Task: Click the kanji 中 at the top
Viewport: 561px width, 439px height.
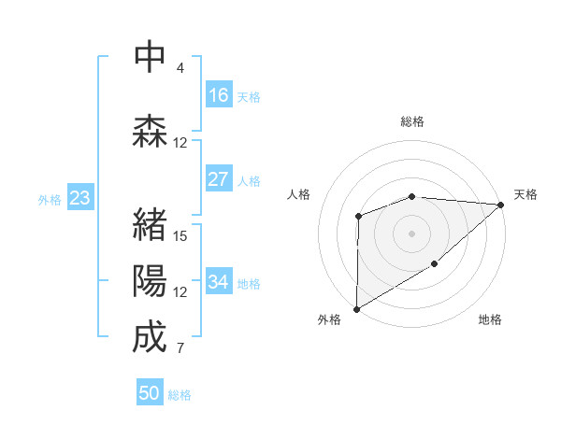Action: [149, 57]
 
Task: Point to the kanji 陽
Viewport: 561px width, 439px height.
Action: [149, 281]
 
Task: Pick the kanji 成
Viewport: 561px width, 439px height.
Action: [149, 337]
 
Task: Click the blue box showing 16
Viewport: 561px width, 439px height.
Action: [219, 95]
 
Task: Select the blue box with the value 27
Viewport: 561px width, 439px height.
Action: [219, 180]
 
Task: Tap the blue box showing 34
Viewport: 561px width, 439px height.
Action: [219, 282]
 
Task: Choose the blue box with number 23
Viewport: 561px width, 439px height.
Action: [79, 198]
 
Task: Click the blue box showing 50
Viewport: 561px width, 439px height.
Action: [150, 393]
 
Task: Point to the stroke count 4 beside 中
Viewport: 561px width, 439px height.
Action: [180, 68]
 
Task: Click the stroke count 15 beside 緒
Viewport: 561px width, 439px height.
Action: [180, 235]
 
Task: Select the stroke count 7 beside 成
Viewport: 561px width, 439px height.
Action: [180, 349]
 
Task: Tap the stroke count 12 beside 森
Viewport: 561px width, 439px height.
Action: [180, 143]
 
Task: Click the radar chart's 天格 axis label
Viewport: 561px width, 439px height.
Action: [526, 194]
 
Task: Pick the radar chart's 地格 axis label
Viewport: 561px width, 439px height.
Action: [490, 319]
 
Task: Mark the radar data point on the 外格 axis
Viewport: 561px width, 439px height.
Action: [356, 308]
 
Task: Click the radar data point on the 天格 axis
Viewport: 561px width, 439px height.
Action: [501, 205]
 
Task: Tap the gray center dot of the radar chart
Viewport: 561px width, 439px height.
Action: [411, 234]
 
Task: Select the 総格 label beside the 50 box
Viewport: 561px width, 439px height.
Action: [180, 395]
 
